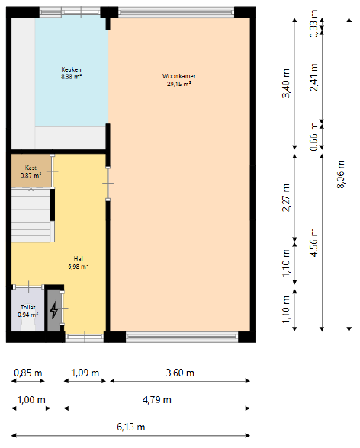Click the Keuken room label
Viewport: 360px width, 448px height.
click(x=71, y=69)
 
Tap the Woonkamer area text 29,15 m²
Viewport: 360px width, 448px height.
click(x=179, y=84)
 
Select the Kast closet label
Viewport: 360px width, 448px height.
click(x=31, y=168)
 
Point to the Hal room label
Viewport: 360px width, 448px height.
click(x=79, y=258)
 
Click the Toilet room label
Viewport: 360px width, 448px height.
click(x=28, y=307)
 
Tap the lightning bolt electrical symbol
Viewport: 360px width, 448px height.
click(x=54, y=310)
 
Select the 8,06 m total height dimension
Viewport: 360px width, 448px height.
click(x=341, y=174)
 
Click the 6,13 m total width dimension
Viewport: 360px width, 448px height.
click(x=131, y=427)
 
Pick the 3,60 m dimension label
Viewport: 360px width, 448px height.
click(x=180, y=373)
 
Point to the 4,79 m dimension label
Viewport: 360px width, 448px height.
click(x=157, y=400)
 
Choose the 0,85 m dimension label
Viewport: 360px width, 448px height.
click(x=28, y=373)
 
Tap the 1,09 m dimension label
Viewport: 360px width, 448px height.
click(x=85, y=373)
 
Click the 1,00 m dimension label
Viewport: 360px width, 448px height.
click(x=31, y=400)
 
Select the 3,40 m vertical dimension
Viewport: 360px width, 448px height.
click(x=286, y=83)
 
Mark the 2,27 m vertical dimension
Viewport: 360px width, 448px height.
click(x=286, y=197)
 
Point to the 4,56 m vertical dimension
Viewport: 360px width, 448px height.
click(x=313, y=242)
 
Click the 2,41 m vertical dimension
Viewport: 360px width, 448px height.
click(x=313, y=77)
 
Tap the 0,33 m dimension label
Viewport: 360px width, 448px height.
click(x=313, y=24)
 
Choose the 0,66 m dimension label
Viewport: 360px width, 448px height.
click(x=313, y=136)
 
